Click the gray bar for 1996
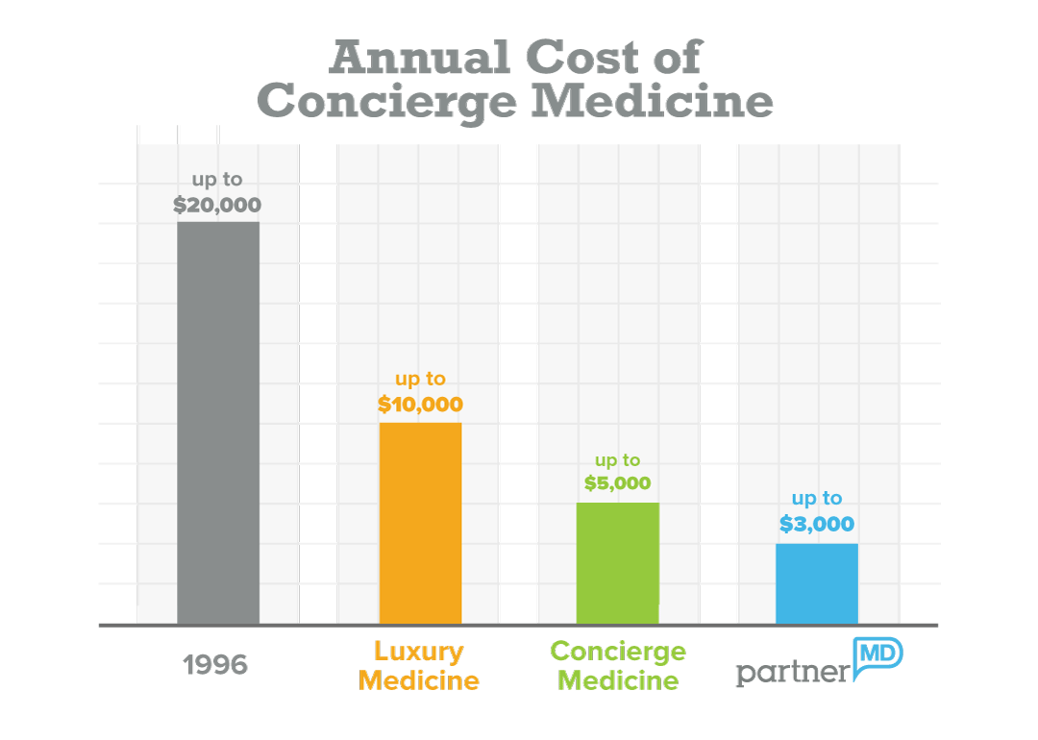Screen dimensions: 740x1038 coord(218,423)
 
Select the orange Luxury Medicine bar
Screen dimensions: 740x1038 coord(420,523)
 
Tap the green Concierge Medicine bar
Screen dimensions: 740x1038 coord(617,563)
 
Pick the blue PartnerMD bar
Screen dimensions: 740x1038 coord(816,583)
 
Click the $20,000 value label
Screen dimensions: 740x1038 coord(217,205)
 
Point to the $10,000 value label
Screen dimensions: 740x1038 coord(420,405)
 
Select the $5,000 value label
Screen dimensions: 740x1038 coord(617,483)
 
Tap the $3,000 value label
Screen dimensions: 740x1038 coord(816,524)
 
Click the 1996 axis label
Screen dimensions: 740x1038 coord(215,665)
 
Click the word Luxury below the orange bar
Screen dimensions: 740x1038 coord(419,652)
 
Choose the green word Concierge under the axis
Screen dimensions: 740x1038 coord(618,652)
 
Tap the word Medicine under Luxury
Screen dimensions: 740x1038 coord(419,681)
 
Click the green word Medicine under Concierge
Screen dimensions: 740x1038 coord(618,681)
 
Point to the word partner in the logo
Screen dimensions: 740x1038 coord(793,671)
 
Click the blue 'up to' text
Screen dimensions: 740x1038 coord(816,499)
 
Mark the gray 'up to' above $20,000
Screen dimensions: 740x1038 coord(217,181)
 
